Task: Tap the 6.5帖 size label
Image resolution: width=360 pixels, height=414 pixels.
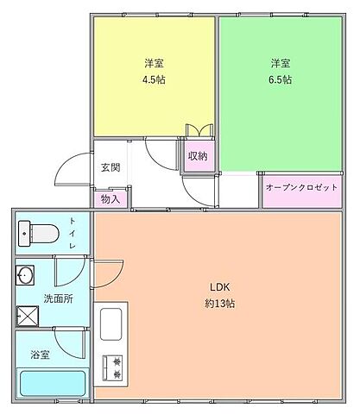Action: pos(279,79)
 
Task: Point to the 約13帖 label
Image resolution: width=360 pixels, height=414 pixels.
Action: pos(219,304)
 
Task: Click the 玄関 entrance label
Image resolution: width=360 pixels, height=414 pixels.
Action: pos(110,167)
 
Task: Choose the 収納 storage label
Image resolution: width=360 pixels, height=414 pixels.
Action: pos(198,156)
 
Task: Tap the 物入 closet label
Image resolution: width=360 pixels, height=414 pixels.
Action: pos(111,198)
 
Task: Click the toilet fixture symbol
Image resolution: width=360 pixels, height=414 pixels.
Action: pos(37,231)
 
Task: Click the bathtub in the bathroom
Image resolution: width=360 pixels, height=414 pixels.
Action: pos(52,383)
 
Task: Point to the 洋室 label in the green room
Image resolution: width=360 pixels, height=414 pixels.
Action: pos(279,63)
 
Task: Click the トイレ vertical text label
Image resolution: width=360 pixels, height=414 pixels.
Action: pos(73,231)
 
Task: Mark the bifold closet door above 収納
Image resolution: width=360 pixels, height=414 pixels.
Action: pos(198,130)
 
